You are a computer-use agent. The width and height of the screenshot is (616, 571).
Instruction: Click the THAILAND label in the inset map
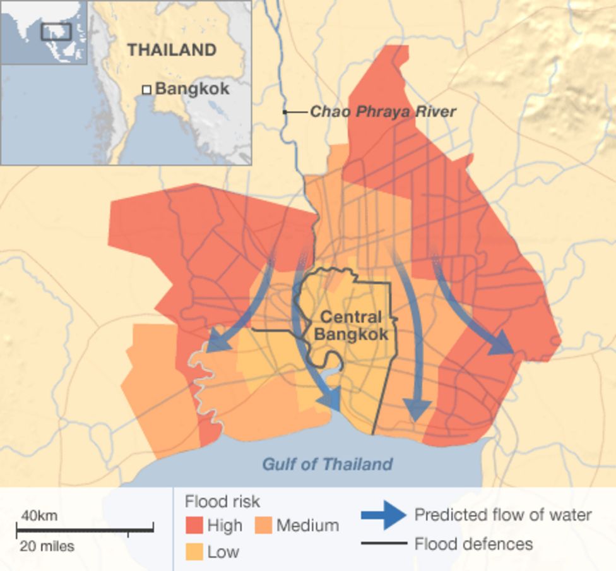click(x=172, y=50)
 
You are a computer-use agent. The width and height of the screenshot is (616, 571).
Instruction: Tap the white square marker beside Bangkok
click(x=146, y=90)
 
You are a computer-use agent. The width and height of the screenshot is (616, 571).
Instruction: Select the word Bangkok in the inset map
click(x=192, y=88)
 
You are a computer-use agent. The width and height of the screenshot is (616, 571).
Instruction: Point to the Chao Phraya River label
click(x=382, y=112)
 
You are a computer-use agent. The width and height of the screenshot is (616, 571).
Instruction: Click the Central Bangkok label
click(x=351, y=326)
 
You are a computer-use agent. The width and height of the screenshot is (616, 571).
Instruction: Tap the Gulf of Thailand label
click(x=328, y=464)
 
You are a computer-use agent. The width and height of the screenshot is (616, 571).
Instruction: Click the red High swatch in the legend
click(x=194, y=526)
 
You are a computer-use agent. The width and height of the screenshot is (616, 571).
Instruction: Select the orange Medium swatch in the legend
click(x=264, y=526)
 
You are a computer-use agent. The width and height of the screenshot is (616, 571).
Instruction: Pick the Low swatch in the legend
click(x=194, y=552)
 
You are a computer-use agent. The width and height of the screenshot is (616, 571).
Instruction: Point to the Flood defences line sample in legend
click(x=383, y=543)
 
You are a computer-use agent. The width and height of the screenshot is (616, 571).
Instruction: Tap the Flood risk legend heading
click(x=222, y=502)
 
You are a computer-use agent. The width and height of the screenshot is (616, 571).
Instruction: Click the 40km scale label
click(x=39, y=515)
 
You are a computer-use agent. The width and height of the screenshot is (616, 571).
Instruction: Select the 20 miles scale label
click(x=47, y=546)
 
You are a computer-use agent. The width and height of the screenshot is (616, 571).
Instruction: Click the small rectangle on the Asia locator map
click(x=56, y=31)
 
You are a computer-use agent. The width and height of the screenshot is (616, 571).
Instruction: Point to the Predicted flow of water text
click(x=503, y=515)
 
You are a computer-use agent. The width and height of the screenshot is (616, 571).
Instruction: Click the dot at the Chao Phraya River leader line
click(x=285, y=112)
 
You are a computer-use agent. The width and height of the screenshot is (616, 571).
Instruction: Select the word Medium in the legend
click(x=307, y=526)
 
